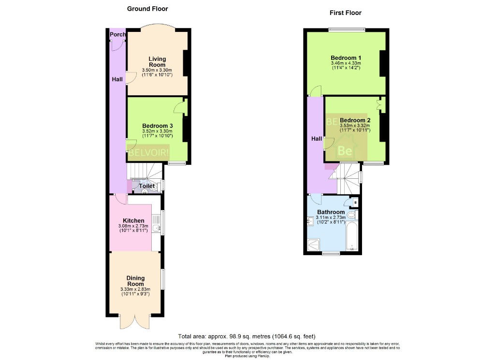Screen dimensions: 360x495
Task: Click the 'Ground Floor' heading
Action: [147, 9]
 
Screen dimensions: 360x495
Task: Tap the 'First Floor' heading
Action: [345, 13]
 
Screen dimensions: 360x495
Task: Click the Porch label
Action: [117, 34]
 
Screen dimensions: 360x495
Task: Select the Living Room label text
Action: [157, 62]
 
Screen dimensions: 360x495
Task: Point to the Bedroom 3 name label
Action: [157, 126]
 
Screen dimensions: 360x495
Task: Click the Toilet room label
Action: [147, 186]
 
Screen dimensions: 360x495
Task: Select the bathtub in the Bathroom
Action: [352, 237]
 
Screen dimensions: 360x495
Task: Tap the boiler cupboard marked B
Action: [355, 202]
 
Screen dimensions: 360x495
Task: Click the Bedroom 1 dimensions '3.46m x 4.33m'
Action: [346, 63]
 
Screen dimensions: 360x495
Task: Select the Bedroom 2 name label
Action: [355, 120]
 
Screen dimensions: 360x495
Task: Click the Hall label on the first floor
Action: [317, 139]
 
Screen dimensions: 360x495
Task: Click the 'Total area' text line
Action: [247, 336]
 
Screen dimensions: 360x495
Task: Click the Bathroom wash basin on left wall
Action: [310, 221]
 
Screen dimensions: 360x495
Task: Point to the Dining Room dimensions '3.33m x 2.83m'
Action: [135, 289]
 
